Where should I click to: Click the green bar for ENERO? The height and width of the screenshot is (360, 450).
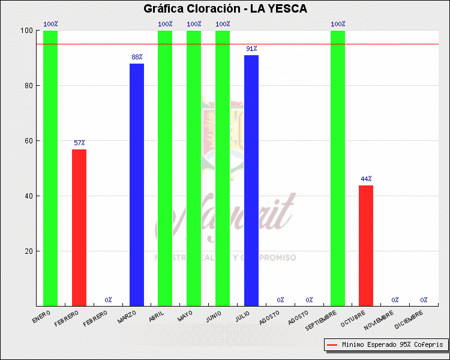point(50,168)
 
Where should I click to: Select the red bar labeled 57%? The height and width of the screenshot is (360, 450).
point(79,227)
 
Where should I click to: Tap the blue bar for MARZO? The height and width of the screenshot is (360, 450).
point(137,185)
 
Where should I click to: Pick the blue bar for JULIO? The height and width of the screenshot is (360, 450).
point(251,181)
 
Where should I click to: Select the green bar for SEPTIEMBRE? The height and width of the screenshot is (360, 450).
point(338,168)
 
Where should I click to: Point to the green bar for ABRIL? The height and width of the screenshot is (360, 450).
point(165,168)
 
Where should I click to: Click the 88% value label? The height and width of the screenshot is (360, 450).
point(137,58)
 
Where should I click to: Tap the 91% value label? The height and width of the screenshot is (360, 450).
point(251,49)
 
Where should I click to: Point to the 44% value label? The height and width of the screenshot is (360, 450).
point(366,179)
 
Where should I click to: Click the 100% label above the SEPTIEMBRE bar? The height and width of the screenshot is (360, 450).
point(338,25)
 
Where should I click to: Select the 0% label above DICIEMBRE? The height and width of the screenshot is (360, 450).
point(424,300)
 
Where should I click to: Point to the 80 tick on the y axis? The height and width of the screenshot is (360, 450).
point(28,86)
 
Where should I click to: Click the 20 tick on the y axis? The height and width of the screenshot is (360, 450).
point(28,251)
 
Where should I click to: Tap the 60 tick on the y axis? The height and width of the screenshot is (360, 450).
point(28,141)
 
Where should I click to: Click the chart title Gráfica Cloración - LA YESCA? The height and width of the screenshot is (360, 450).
point(225,8)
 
